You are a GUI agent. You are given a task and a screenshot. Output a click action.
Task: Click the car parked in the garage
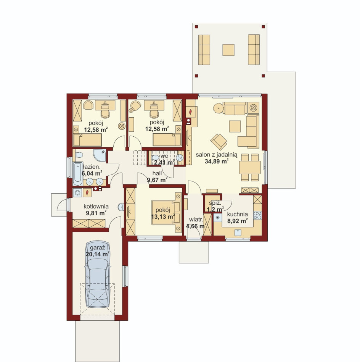(x=98, y=274)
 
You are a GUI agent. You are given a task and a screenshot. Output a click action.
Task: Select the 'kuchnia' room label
(x=237, y=214)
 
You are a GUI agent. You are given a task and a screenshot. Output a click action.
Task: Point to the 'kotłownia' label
(x=96, y=206)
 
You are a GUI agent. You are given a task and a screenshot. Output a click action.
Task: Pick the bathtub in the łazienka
(x=78, y=174)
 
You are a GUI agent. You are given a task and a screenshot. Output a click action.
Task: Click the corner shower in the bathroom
(x=100, y=155)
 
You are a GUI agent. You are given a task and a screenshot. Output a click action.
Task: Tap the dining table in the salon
(x=250, y=167)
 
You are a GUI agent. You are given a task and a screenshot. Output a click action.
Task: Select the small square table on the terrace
(x=228, y=50)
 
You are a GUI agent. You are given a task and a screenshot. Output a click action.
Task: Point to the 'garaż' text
(x=97, y=248)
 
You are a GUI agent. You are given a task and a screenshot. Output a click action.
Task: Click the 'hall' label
(x=157, y=173)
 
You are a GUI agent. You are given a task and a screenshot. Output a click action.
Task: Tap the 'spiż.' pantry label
(x=215, y=203)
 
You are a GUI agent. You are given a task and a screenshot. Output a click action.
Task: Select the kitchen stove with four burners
(x=257, y=215)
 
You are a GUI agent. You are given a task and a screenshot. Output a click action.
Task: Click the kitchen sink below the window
(x=238, y=232)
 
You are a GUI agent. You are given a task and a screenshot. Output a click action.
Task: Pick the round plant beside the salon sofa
(x=218, y=108)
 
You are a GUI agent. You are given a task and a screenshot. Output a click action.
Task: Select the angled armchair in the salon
(x=219, y=142)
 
